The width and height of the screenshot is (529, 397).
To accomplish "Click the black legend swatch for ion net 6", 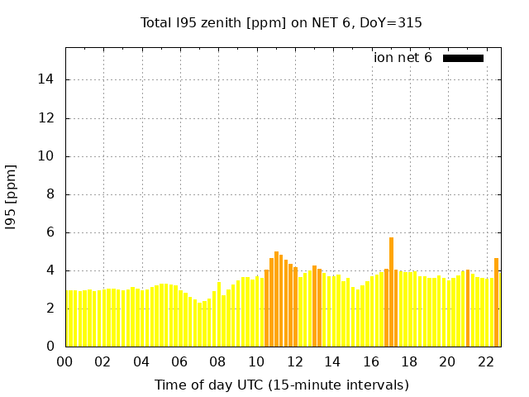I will click(463, 58).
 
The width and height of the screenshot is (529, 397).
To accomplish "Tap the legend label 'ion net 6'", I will click(403, 58).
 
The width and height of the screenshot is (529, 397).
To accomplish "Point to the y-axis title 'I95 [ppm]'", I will click(12, 197).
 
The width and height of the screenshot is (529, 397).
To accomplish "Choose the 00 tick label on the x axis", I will click(64, 361).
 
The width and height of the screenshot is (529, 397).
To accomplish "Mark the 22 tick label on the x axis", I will click(486, 361).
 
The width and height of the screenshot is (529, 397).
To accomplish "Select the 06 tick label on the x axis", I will click(179, 361).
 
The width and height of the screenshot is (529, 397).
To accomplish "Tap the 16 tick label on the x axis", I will click(371, 361).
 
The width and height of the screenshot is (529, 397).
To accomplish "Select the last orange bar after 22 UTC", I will click(496, 302).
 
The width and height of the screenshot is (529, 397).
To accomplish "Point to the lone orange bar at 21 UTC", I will click(468, 308).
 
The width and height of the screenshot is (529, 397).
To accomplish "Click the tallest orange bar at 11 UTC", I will click(276, 299).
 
